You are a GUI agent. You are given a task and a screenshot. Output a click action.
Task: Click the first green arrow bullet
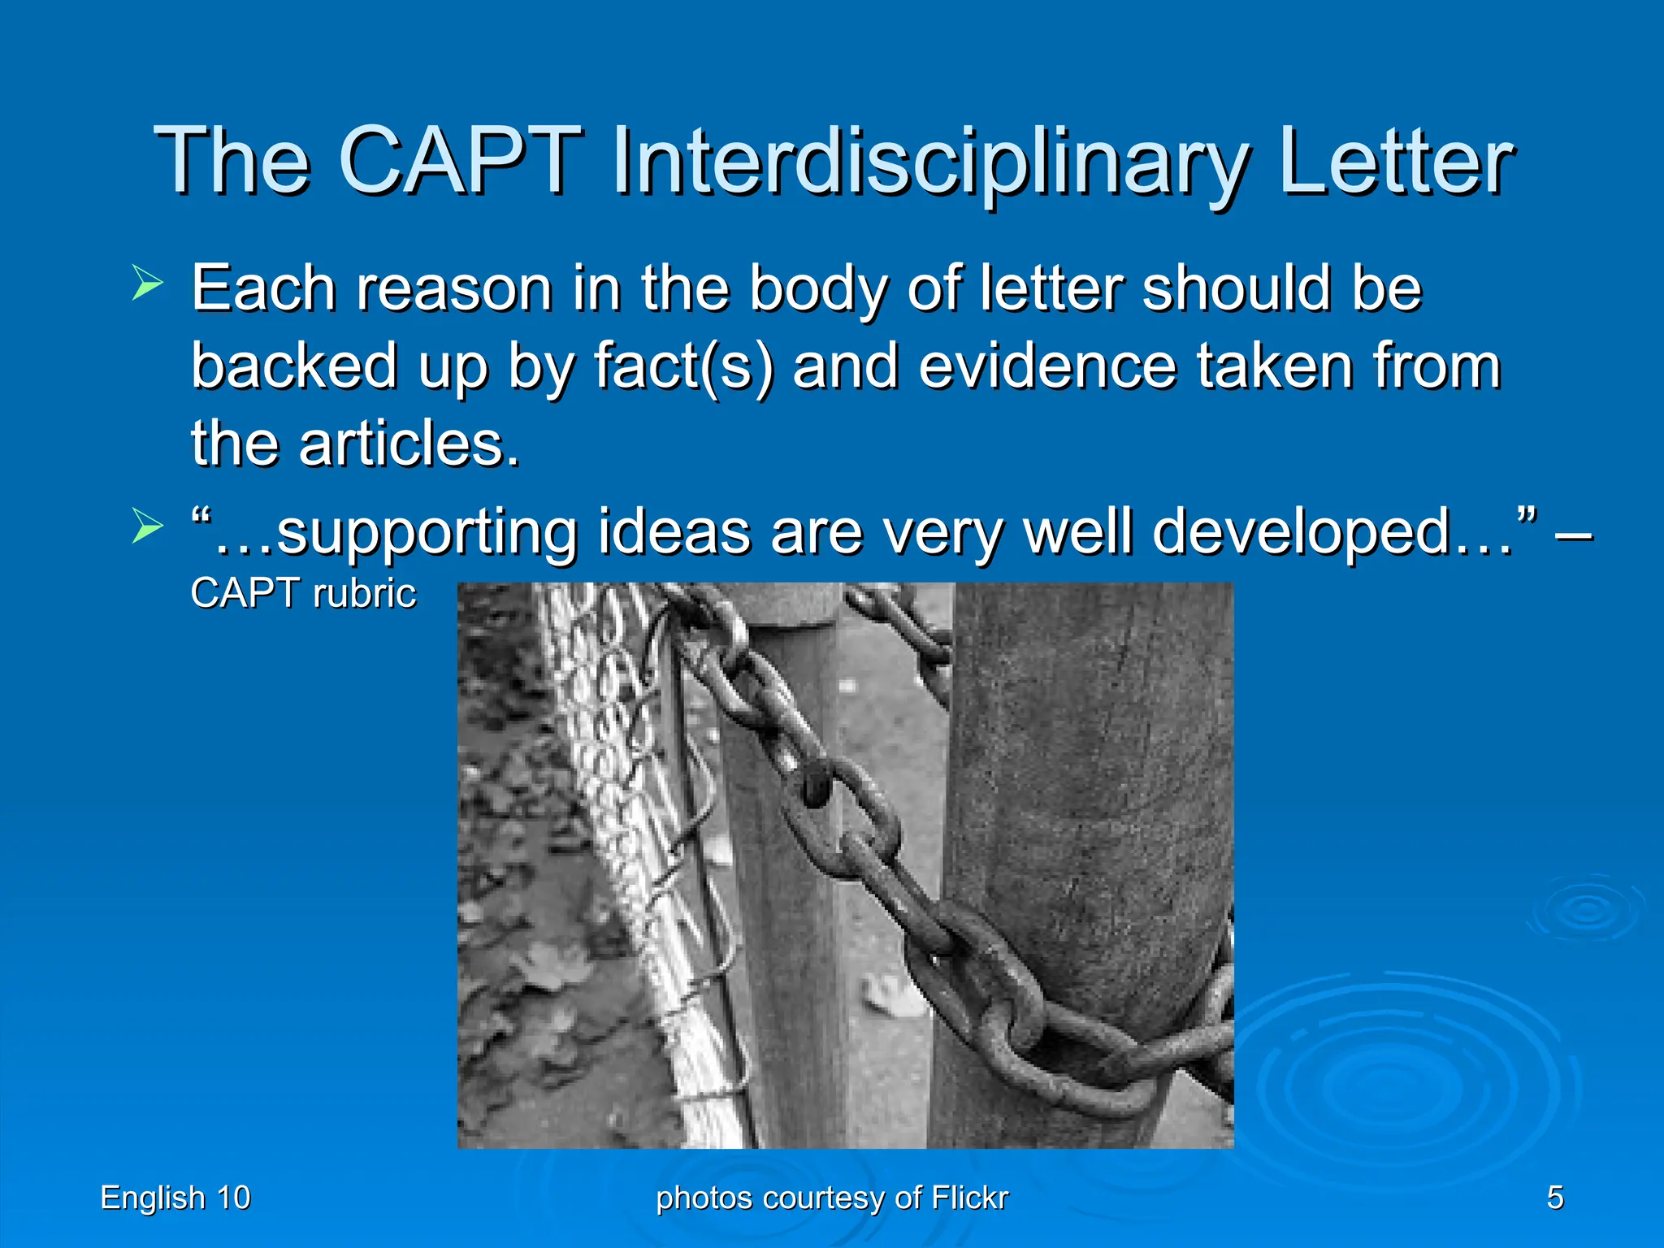click(147, 285)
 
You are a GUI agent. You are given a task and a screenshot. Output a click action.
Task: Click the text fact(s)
click(683, 366)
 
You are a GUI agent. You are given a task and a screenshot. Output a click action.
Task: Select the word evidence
click(1048, 366)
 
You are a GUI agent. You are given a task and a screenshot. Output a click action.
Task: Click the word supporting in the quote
click(426, 533)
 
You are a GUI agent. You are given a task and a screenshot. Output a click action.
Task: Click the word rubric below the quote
click(364, 593)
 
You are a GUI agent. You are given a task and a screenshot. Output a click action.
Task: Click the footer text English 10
click(175, 1198)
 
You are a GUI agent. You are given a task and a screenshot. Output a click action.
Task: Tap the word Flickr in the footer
click(969, 1198)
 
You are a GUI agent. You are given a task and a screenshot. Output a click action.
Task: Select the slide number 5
click(1554, 1198)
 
